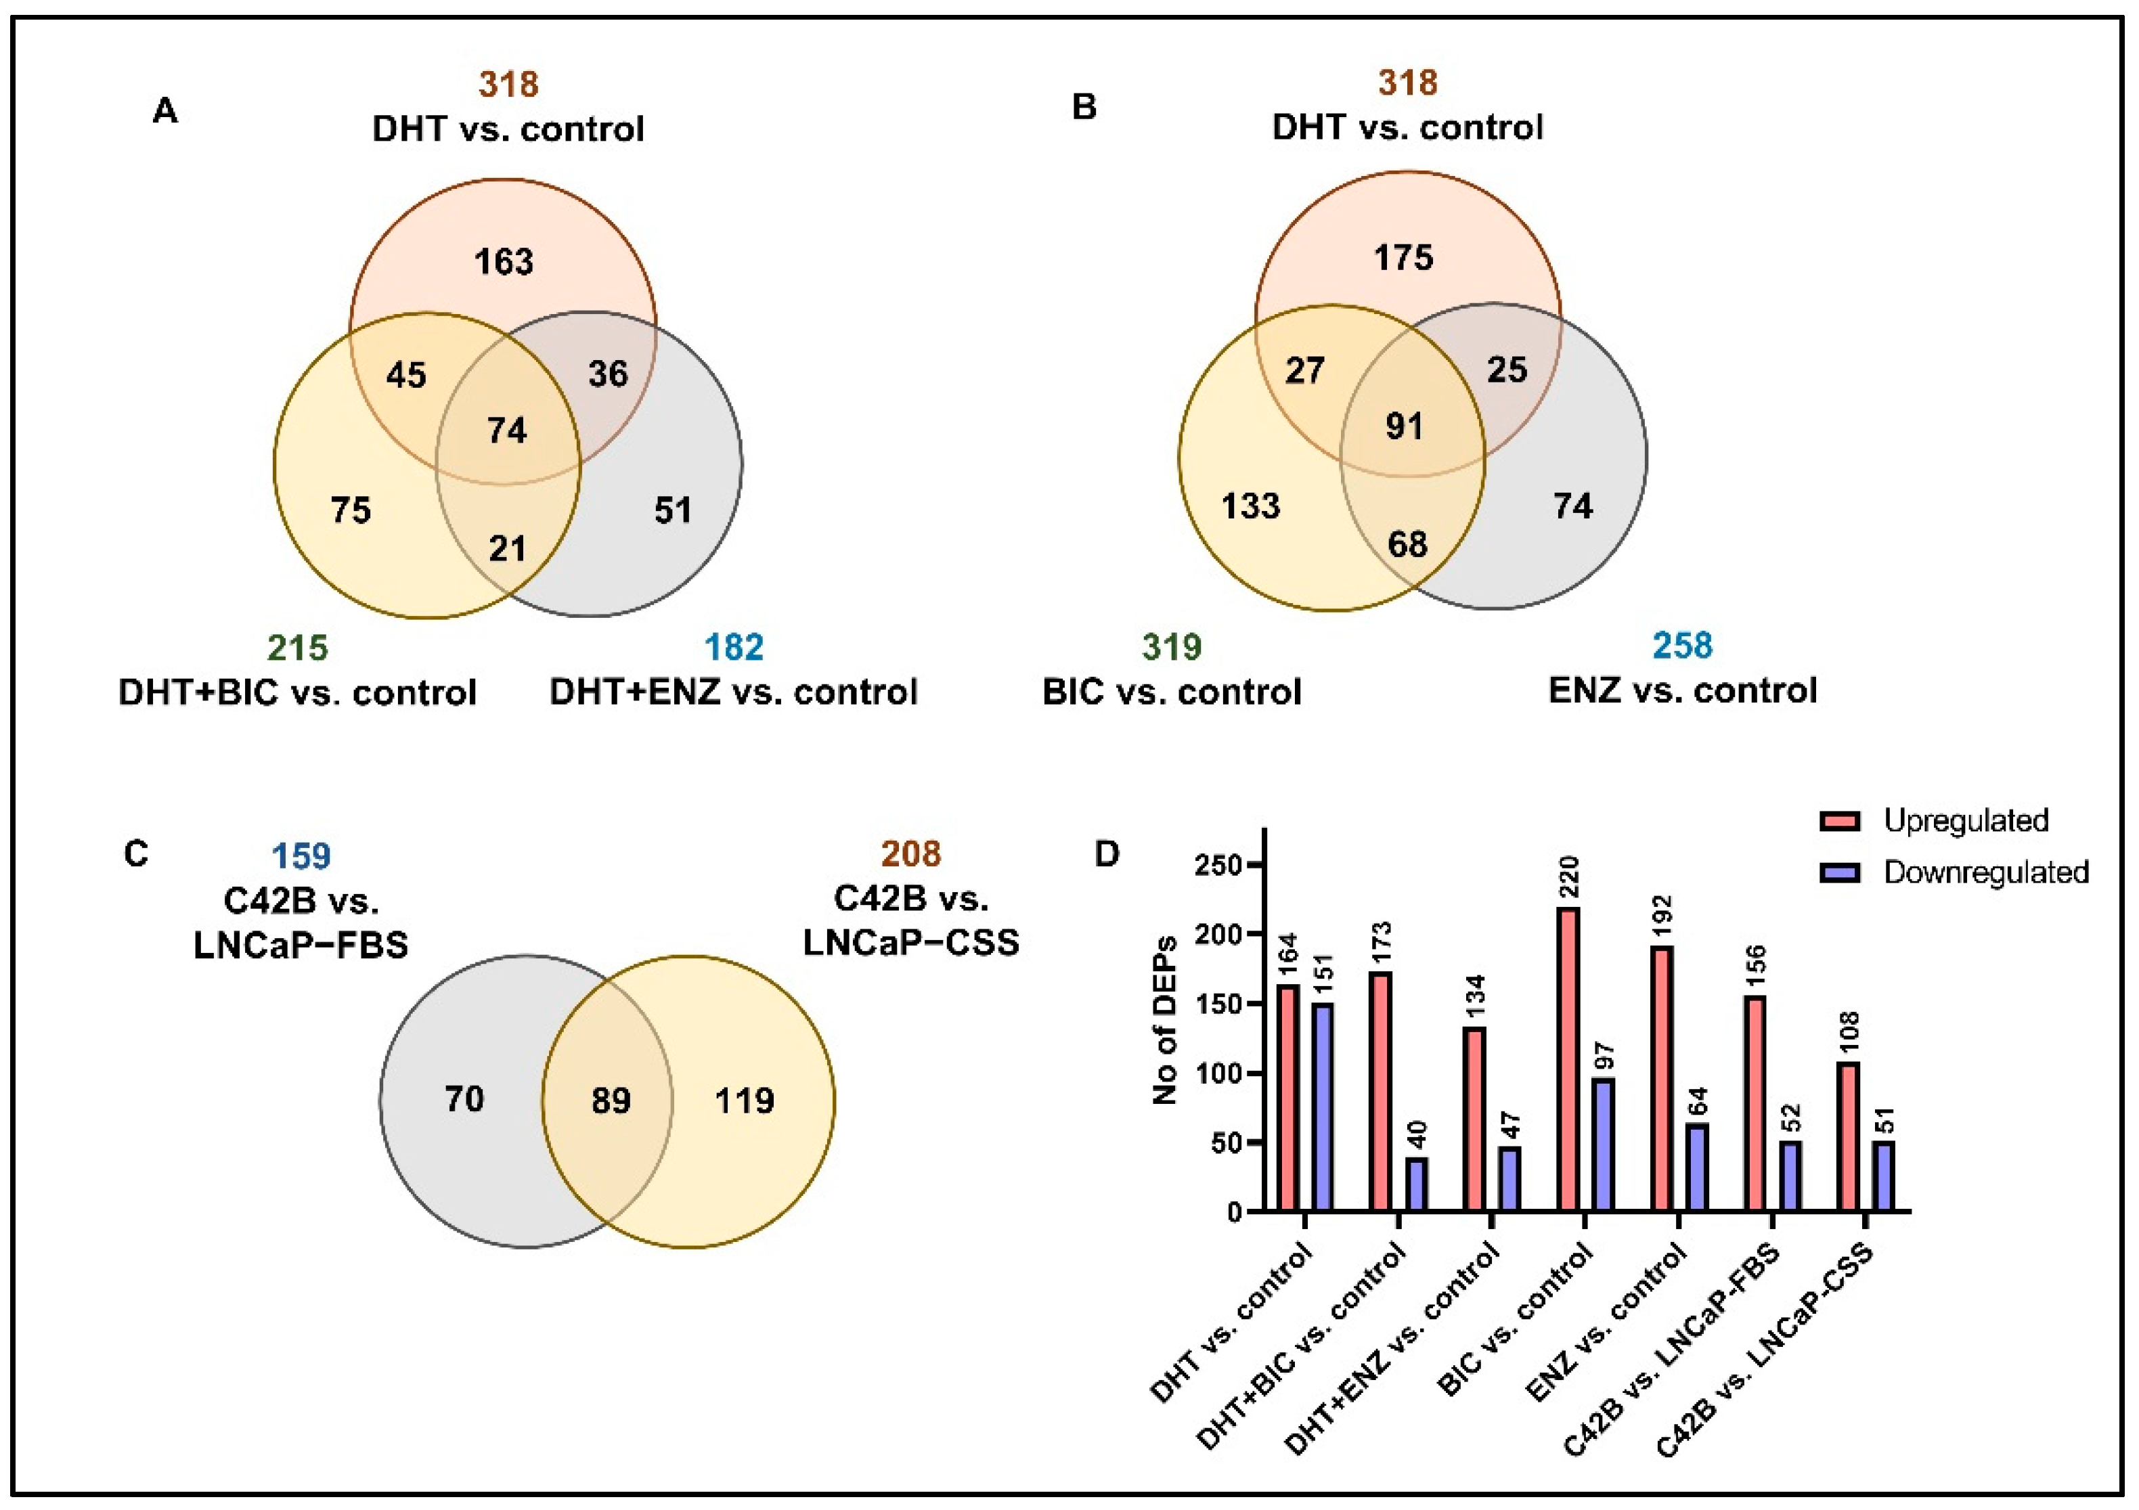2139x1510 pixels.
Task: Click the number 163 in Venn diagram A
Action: point(504,262)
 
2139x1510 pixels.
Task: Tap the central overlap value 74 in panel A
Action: point(507,430)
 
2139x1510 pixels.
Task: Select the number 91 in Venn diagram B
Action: point(1404,426)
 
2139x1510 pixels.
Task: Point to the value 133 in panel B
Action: point(1251,506)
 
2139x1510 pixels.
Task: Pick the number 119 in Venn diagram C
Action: point(745,1101)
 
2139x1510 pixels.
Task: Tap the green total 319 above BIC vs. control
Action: point(1172,646)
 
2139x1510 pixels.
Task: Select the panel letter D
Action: point(1106,854)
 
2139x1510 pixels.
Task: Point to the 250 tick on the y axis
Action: point(1221,866)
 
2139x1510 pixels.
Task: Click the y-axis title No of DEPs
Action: point(1166,1020)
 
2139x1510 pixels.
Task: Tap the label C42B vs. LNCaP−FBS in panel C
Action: point(301,923)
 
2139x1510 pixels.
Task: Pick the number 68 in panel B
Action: point(1407,544)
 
